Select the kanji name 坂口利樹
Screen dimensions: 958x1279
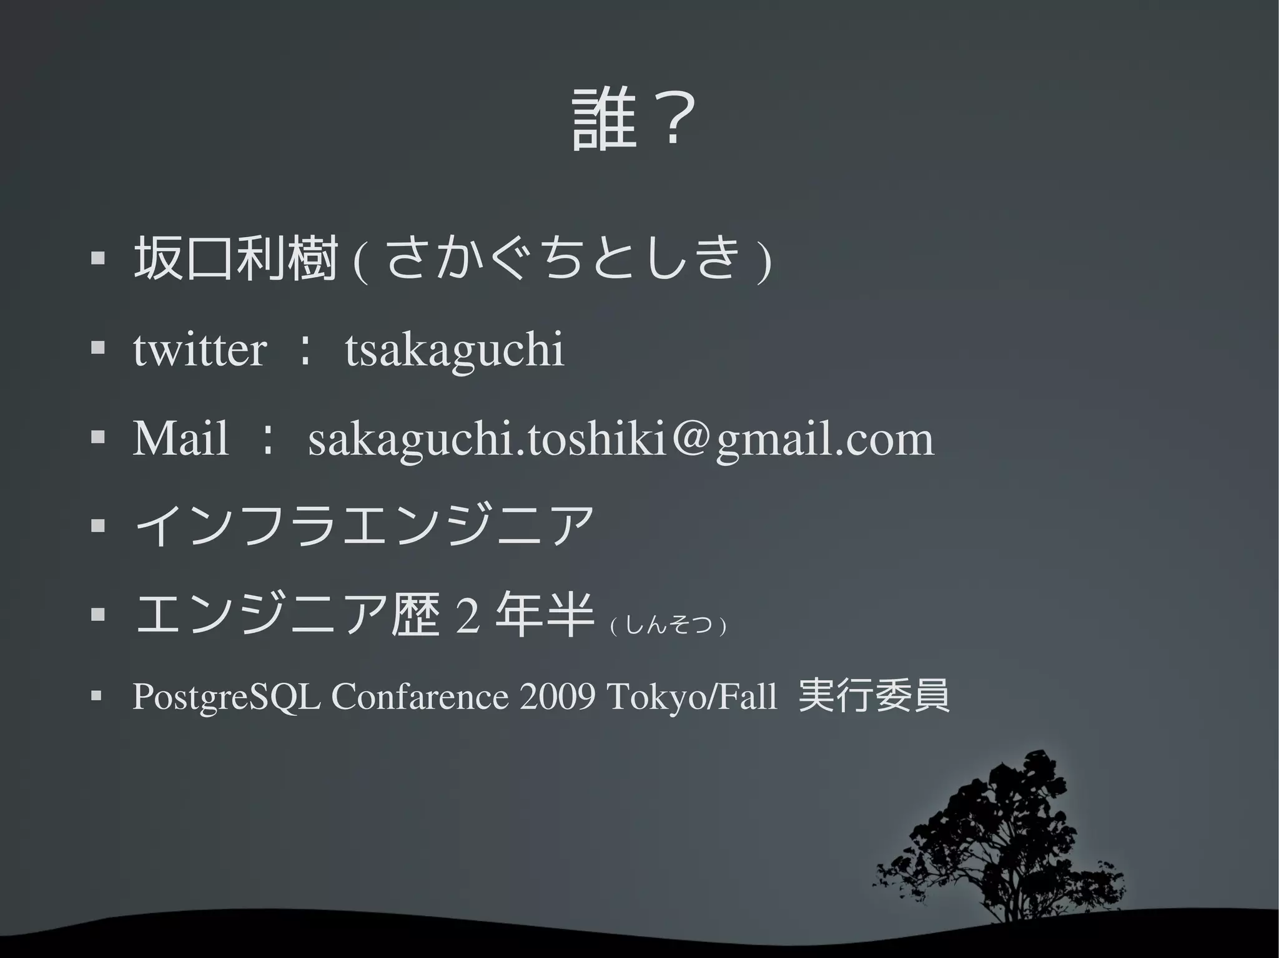coord(235,259)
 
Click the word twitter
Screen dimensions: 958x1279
coord(200,350)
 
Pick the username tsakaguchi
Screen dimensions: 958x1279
coord(455,350)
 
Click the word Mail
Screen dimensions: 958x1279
coord(180,439)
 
